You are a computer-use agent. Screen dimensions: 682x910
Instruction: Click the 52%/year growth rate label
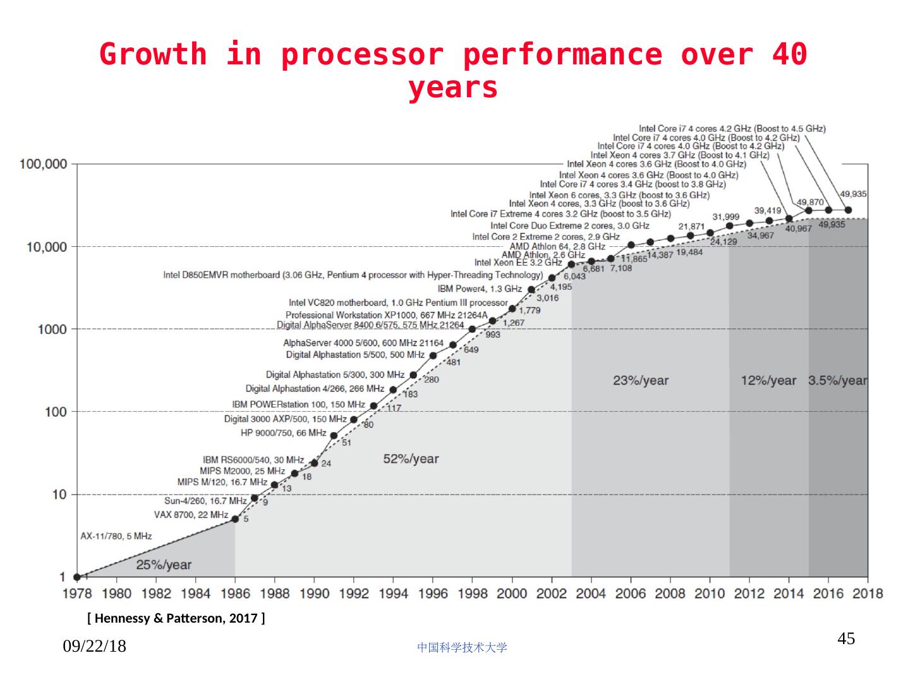[411, 459]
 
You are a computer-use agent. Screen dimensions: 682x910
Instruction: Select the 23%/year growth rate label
[640, 381]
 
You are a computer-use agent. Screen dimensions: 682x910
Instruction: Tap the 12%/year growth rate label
[768, 381]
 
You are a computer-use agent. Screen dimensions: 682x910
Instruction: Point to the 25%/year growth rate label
[164, 565]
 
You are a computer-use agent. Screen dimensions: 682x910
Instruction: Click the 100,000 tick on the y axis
[44, 164]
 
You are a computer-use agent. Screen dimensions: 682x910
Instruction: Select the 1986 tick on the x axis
[235, 594]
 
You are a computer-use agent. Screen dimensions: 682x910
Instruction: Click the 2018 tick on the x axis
[868, 594]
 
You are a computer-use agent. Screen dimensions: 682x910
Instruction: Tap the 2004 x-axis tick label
[591, 594]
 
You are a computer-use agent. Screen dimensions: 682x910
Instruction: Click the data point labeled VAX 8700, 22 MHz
[235, 519]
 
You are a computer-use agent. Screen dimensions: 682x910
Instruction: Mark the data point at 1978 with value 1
[77, 577]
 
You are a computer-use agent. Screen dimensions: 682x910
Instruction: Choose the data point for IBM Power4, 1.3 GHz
[531, 290]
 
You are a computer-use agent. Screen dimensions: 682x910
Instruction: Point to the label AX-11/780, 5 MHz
[116, 536]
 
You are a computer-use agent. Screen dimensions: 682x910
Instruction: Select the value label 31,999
[725, 217]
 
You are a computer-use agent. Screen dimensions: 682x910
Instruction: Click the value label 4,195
[561, 287]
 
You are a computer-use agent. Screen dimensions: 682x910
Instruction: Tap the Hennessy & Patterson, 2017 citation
[176, 618]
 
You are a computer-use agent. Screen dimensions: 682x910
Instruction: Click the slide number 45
[846, 639]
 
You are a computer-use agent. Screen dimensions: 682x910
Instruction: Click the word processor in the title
[362, 54]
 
